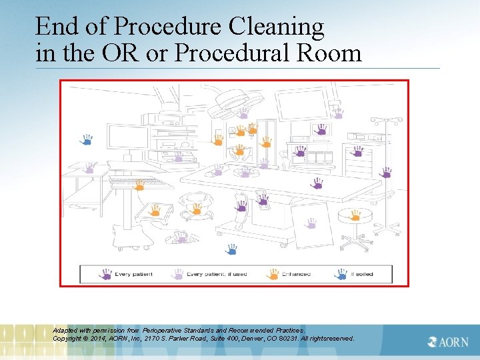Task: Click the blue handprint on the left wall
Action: click(x=86, y=140)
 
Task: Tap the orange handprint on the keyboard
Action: click(x=139, y=185)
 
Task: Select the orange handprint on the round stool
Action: click(x=355, y=215)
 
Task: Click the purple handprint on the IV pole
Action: click(x=385, y=173)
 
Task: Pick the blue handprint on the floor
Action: click(x=231, y=249)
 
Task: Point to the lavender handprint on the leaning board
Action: click(x=309, y=223)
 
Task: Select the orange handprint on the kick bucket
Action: click(x=197, y=209)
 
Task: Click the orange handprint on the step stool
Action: click(x=155, y=211)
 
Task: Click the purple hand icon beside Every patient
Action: click(x=105, y=274)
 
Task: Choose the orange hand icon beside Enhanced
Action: click(x=272, y=274)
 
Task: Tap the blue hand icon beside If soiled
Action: click(x=341, y=274)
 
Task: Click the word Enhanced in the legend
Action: click(x=296, y=274)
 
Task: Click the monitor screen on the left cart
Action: click(x=127, y=138)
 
